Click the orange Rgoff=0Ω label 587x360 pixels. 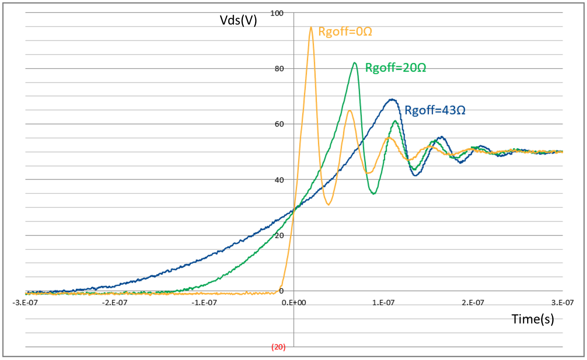(x=345, y=32)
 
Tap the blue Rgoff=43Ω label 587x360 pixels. (x=435, y=110)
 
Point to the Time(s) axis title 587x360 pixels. (x=533, y=319)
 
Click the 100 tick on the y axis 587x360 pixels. (x=276, y=13)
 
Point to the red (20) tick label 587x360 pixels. (x=278, y=347)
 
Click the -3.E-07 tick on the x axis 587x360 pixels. (x=26, y=302)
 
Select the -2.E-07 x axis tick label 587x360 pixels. (x=115, y=302)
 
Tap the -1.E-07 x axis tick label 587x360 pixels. (x=205, y=302)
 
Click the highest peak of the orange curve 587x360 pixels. (x=311, y=27)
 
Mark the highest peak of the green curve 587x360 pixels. (x=355, y=63)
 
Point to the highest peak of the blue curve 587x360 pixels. (x=392, y=99)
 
